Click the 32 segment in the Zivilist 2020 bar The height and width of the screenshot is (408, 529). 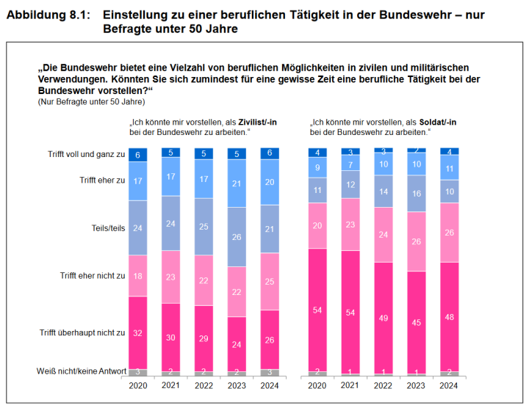click(x=138, y=333)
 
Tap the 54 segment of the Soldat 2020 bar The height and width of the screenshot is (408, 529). click(x=317, y=310)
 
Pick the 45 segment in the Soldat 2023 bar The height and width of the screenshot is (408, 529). click(x=417, y=321)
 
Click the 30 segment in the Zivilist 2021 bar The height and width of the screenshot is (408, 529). click(x=171, y=337)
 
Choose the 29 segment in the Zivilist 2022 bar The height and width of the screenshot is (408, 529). click(x=204, y=338)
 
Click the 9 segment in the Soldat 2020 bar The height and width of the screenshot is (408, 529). click(x=317, y=167)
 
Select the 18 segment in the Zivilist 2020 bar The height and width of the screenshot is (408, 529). click(x=138, y=275)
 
